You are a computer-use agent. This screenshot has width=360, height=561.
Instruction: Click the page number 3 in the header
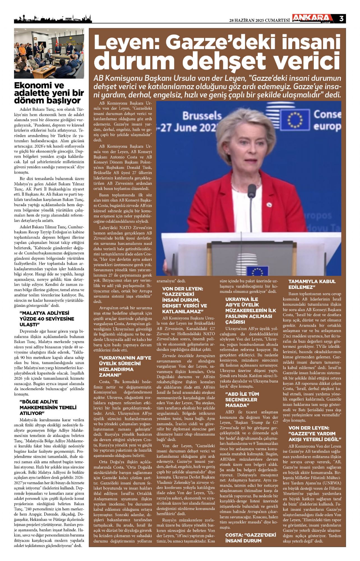[341, 19]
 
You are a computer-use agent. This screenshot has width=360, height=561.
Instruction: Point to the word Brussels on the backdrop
[202, 116]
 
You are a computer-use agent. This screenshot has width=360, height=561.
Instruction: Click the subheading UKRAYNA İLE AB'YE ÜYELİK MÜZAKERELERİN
[251, 310]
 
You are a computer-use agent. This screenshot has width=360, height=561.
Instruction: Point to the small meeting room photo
[49, 53]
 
